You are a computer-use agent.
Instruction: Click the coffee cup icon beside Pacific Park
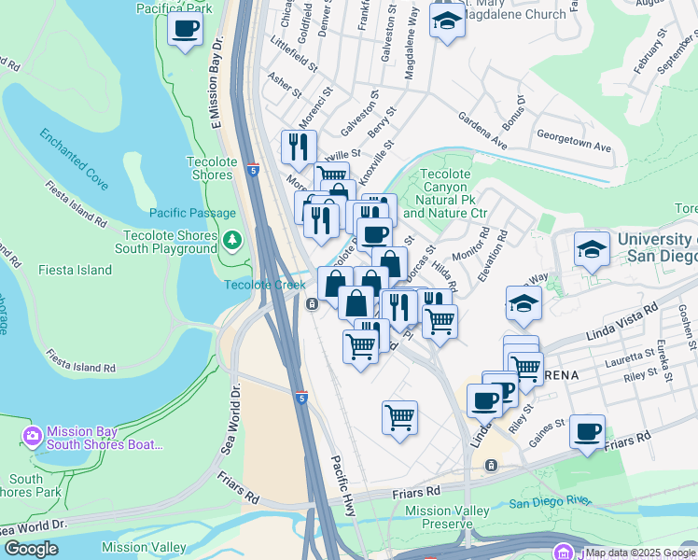[x=185, y=28]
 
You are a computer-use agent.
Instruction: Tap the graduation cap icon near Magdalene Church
[x=447, y=22]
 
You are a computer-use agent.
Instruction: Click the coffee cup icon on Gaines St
[x=587, y=432]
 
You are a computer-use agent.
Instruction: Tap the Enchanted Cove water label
[x=74, y=153]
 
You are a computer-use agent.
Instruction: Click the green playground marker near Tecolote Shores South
[x=232, y=241]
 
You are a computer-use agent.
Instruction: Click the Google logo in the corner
[x=31, y=549]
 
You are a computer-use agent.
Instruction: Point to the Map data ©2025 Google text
[x=640, y=553]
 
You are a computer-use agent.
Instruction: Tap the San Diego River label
[x=550, y=503]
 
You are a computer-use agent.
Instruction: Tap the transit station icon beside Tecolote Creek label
[x=312, y=303]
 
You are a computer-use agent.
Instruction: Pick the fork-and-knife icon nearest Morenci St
[x=299, y=147]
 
